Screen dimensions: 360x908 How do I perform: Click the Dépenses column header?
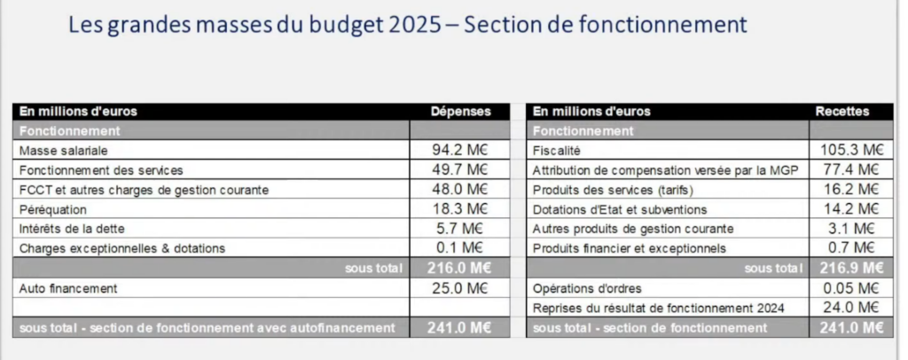tap(459, 112)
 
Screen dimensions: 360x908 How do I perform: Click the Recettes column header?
tap(841, 112)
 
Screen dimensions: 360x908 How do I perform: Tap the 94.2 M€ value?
tap(460, 150)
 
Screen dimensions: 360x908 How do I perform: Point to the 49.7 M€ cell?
tap(460, 169)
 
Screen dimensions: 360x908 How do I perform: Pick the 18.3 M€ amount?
tap(460, 209)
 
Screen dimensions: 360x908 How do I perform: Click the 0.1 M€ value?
tap(465, 248)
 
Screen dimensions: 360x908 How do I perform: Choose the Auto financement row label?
tap(68, 288)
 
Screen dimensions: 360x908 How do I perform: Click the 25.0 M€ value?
tap(460, 288)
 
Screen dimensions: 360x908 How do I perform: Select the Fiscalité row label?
tap(557, 150)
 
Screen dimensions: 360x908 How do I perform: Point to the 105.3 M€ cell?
tap(848, 150)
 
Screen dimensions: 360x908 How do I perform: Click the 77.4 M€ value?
tap(850, 169)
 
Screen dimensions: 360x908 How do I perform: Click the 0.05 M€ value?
tap(850, 288)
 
